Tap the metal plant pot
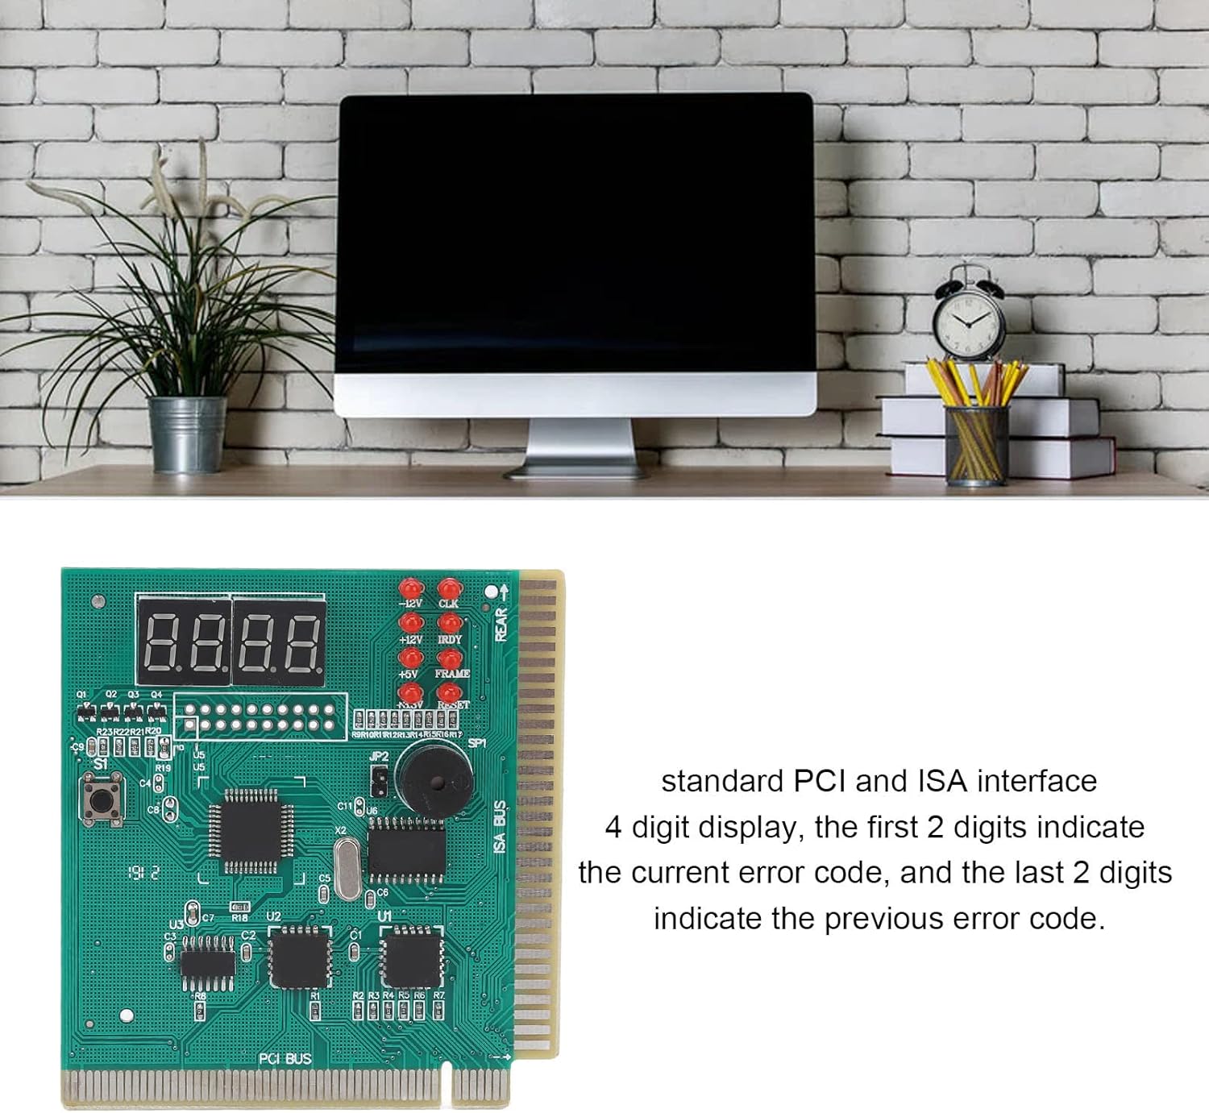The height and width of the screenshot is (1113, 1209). pos(187,433)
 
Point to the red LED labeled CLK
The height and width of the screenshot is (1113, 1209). pos(449,588)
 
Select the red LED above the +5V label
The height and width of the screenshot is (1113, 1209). pos(410,658)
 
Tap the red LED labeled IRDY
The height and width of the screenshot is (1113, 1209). pos(450,623)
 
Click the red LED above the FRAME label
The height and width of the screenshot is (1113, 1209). pos(450,658)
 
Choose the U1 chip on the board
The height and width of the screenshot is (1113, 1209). pos(412,957)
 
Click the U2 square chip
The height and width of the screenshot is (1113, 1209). pos(300,957)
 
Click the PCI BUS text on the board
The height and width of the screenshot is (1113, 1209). pos(285,1058)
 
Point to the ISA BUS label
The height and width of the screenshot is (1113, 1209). pos(500,827)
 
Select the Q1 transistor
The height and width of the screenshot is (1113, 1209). pos(85,712)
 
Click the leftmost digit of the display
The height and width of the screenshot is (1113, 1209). pos(160,642)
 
